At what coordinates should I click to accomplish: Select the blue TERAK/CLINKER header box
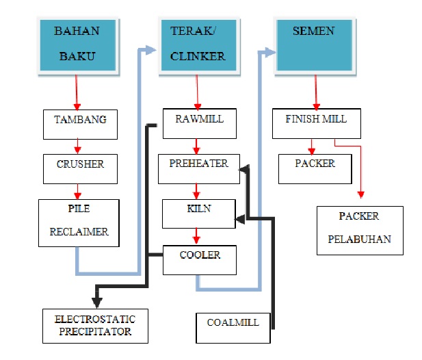[x=197, y=44]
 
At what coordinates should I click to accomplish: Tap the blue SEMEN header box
[x=315, y=44]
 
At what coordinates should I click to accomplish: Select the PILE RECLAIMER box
[x=79, y=222]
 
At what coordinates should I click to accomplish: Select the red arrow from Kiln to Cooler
[x=197, y=236]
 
